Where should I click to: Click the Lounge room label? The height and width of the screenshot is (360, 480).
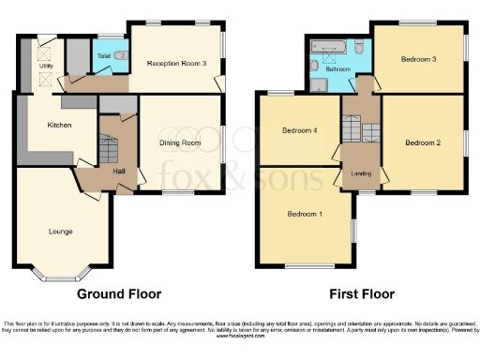coord(61,231)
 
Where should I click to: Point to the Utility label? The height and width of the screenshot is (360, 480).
coord(45,67)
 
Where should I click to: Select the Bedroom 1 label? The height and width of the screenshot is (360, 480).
coord(305,214)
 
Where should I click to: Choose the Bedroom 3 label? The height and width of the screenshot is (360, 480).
coord(418,60)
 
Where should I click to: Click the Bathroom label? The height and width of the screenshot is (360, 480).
coord(338,68)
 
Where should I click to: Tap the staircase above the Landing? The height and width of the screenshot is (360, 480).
coord(356,127)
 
